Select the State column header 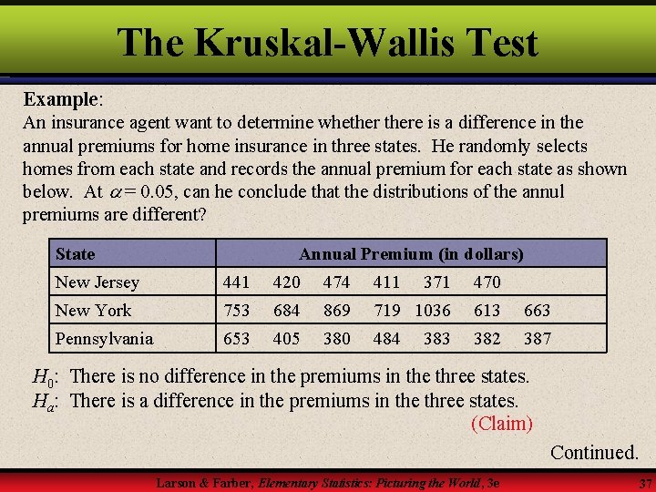pyautogui.click(x=75, y=253)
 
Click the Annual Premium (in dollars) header pyautogui.click(x=411, y=253)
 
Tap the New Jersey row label pyautogui.click(x=97, y=282)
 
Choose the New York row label pyautogui.click(x=93, y=311)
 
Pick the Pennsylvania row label pyautogui.click(x=104, y=339)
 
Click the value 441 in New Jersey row pyautogui.click(x=236, y=282)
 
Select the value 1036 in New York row pyautogui.click(x=433, y=311)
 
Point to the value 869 pyautogui.click(x=337, y=311)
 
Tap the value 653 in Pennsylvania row pyautogui.click(x=236, y=339)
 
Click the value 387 pyautogui.click(x=537, y=339)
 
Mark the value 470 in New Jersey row pyautogui.click(x=487, y=282)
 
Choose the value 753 pyautogui.click(x=236, y=311)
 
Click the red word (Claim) pyautogui.click(x=501, y=424)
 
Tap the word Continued pyautogui.click(x=594, y=452)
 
